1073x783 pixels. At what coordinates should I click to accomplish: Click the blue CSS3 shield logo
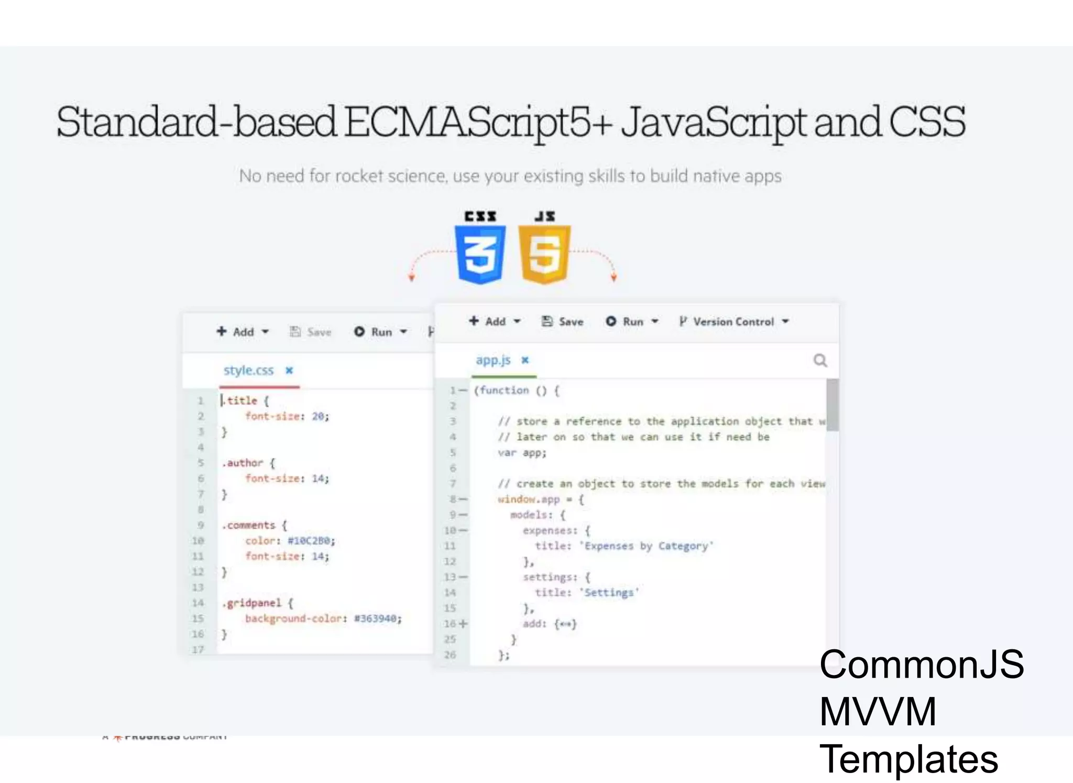480,254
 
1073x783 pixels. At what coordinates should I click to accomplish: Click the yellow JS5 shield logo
544,254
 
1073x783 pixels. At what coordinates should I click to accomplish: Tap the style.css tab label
248,371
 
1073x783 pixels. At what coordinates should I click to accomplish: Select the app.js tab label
492,360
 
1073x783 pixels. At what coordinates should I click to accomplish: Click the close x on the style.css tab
289,371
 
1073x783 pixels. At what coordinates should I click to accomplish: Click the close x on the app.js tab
525,360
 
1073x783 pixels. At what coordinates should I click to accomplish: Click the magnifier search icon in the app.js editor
820,361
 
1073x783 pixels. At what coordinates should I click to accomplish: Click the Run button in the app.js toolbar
632,322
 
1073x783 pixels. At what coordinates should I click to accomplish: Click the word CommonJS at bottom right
921,665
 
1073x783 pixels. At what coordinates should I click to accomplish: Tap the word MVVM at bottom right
878,712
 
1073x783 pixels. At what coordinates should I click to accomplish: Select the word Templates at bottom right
908,759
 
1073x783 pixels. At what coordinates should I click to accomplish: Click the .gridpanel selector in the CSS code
251,603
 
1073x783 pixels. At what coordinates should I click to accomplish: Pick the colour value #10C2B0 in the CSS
311,541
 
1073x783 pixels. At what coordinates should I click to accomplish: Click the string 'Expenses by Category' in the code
647,546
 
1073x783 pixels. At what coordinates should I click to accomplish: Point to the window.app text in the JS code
529,499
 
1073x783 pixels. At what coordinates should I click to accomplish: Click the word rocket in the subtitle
359,176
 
